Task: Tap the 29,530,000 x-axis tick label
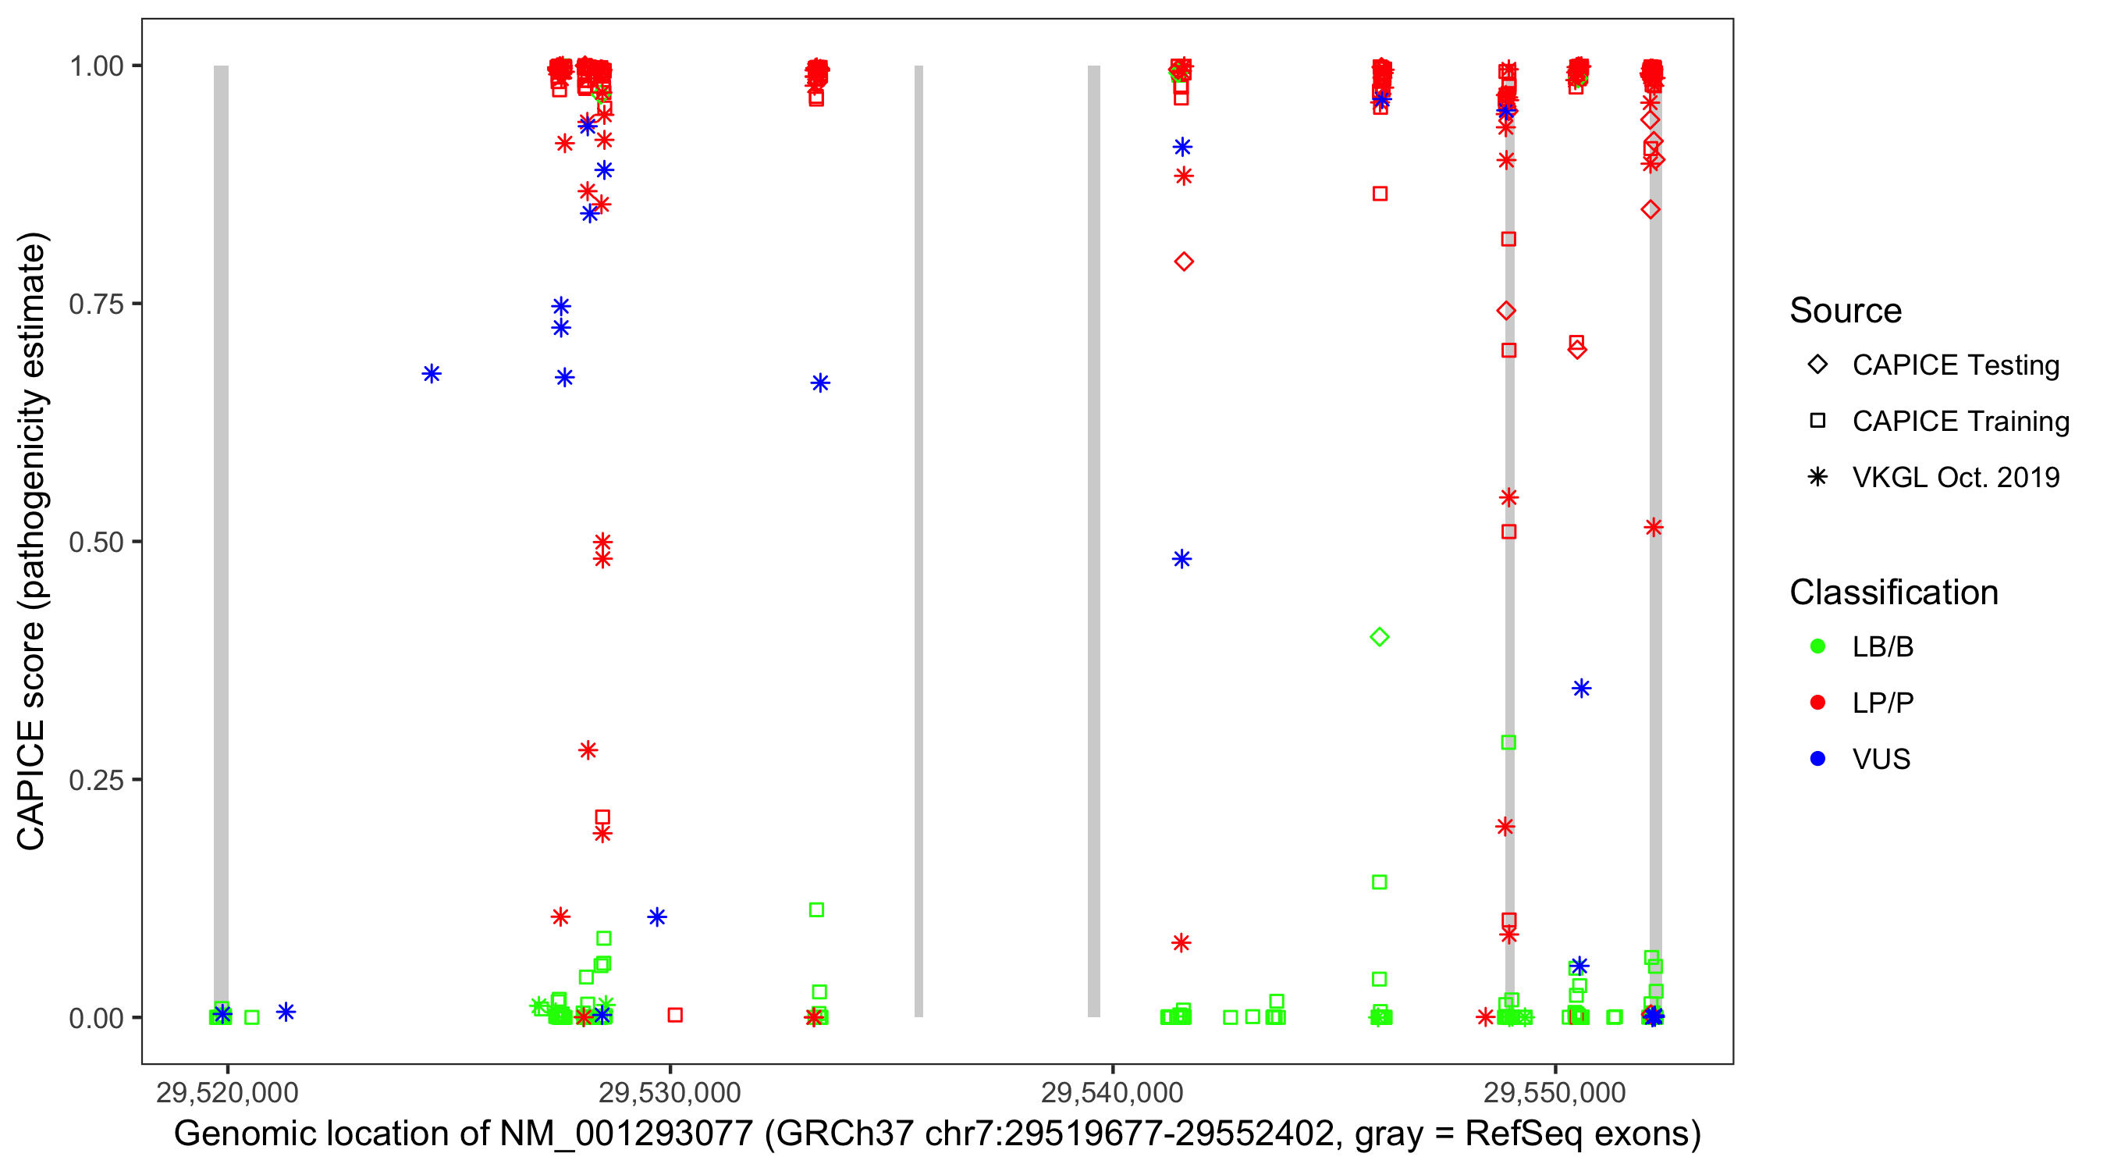669,1092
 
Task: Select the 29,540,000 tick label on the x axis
1111,1092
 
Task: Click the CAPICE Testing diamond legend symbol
1817,365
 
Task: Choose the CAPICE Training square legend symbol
1817,422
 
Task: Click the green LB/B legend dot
1817,647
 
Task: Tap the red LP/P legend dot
1817,703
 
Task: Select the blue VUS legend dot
1817,760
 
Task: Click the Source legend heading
1846,311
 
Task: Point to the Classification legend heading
1893,593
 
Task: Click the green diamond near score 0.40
1379,637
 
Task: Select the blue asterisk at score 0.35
1581,689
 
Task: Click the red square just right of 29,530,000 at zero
675,1015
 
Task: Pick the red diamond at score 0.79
1184,262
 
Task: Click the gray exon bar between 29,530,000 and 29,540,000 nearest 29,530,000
918,540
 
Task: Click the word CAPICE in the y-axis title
31,785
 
